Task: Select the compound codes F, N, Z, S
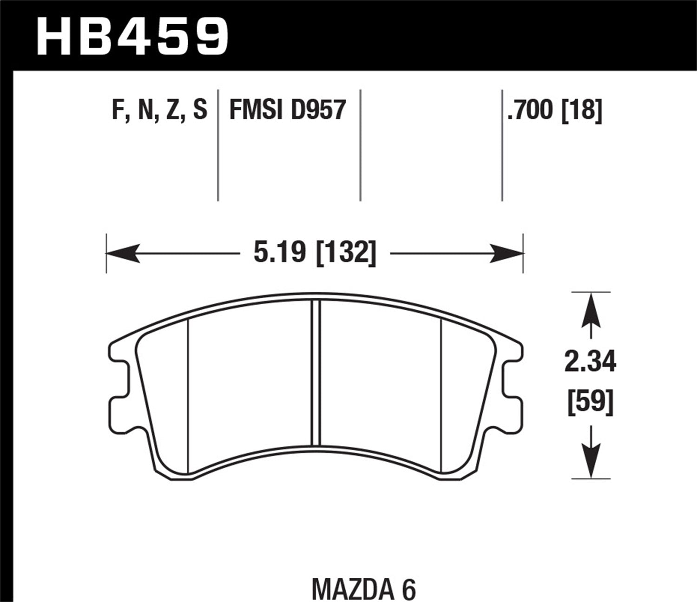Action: (x=159, y=111)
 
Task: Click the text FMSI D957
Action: (x=288, y=111)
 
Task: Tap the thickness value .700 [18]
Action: (x=554, y=111)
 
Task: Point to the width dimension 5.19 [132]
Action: (x=314, y=254)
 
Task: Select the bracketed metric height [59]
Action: (x=590, y=402)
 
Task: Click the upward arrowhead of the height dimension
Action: (x=591, y=308)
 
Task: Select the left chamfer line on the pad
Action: (x=188, y=395)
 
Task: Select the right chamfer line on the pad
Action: (x=441, y=395)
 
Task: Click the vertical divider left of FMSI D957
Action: (x=218, y=144)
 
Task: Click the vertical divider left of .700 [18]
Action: (x=502, y=144)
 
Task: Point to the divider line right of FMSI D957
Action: (x=361, y=144)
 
